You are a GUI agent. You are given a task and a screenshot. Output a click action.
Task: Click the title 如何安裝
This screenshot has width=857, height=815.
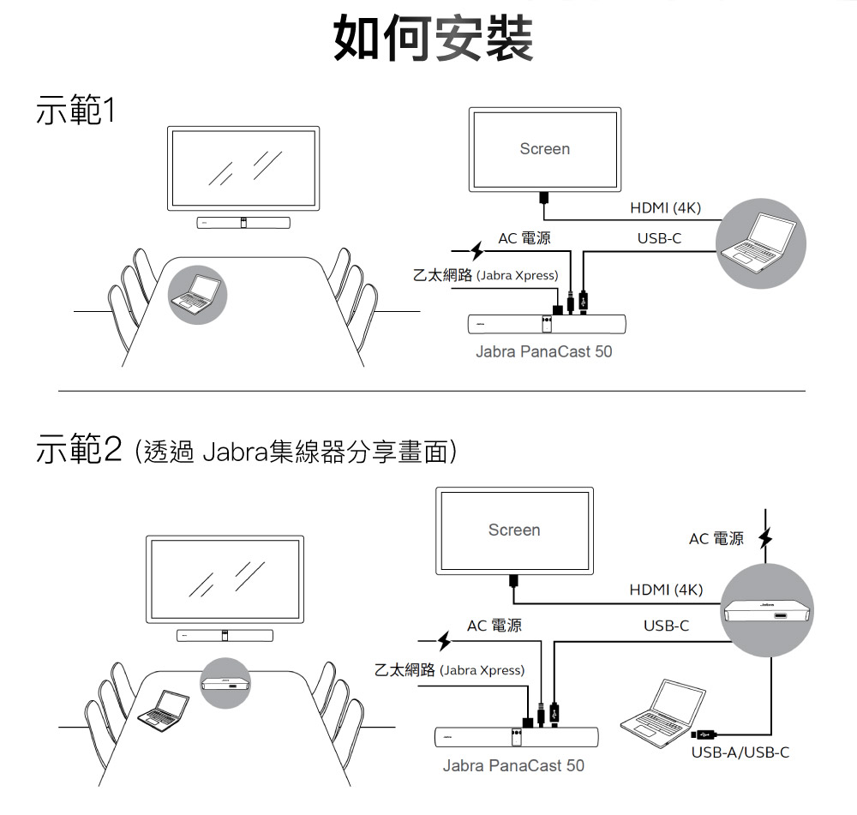[x=433, y=38]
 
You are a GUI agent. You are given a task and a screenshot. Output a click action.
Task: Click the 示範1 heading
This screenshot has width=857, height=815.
[x=75, y=111]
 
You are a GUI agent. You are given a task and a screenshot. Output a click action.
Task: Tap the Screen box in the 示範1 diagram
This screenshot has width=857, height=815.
[x=544, y=149]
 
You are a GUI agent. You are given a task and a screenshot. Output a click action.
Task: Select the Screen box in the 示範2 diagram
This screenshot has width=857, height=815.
[x=514, y=530]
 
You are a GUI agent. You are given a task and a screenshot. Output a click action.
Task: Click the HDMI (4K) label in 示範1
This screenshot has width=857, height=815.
[x=665, y=208]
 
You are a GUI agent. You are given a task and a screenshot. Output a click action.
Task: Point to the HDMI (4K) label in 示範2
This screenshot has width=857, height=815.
[x=665, y=590]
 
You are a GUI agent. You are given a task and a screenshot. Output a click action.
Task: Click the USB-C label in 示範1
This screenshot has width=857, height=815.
[x=659, y=237]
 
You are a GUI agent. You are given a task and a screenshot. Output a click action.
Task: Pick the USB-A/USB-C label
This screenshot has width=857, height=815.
[x=740, y=752]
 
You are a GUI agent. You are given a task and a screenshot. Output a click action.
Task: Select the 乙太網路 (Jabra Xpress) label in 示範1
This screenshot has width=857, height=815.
[x=485, y=276]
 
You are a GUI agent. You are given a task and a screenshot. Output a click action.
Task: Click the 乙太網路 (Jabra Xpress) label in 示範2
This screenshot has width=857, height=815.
[x=449, y=669]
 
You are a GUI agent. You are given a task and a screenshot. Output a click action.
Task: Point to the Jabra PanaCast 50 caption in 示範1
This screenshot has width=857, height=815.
[x=544, y=351]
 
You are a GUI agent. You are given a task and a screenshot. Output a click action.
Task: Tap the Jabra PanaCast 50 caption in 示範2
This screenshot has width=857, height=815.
[x=513, y=765]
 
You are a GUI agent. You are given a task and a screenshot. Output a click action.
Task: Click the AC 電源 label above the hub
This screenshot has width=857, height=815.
[x=716, y=539]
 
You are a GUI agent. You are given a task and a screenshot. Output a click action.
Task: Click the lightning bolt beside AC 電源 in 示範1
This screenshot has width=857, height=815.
[x=478, y=250]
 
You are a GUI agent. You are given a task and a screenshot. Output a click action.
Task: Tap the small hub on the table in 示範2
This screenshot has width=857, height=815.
[x=226, y=683]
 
